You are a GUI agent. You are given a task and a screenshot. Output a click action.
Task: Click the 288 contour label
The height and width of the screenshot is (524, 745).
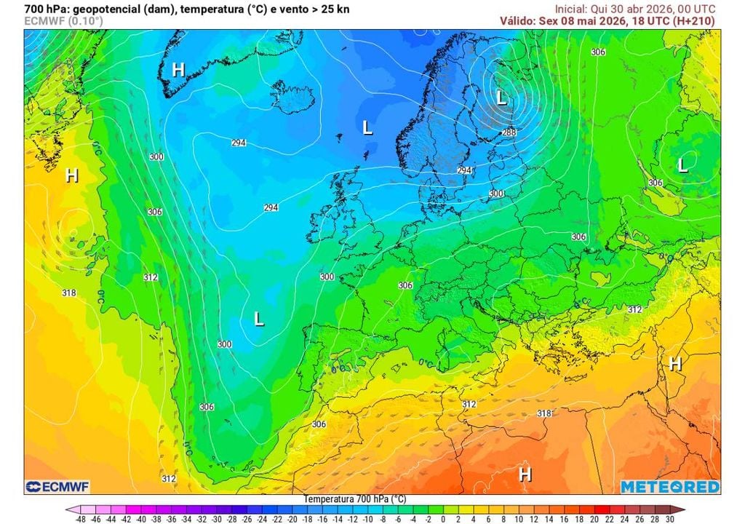[509, 132]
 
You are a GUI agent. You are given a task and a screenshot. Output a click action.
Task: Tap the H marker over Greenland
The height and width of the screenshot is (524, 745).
[178, 69]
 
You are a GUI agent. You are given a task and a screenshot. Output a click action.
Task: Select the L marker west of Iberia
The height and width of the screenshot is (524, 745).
[258, 318]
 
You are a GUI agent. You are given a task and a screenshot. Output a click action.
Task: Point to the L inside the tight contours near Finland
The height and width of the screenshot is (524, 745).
[501, 97]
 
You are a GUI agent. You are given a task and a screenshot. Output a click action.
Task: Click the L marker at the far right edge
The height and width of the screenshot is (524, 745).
[682, 165]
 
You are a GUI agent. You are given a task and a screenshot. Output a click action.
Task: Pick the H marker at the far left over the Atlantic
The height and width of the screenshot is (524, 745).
[71, 175]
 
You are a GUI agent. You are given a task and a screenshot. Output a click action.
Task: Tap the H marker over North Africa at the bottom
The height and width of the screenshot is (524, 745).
[525, 475]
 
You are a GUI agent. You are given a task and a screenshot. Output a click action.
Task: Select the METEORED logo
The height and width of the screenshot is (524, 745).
[670, 486]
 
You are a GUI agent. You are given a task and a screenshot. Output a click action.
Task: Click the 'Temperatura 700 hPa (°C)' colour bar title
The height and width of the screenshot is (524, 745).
[354, 499]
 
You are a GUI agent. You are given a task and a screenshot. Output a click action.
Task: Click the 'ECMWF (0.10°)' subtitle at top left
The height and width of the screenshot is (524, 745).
[63, 21]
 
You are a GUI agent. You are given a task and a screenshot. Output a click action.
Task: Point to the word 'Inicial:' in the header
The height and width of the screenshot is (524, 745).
[572, 9]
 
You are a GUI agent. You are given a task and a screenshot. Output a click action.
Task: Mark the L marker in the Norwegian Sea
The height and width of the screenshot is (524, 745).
[367, 128]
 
